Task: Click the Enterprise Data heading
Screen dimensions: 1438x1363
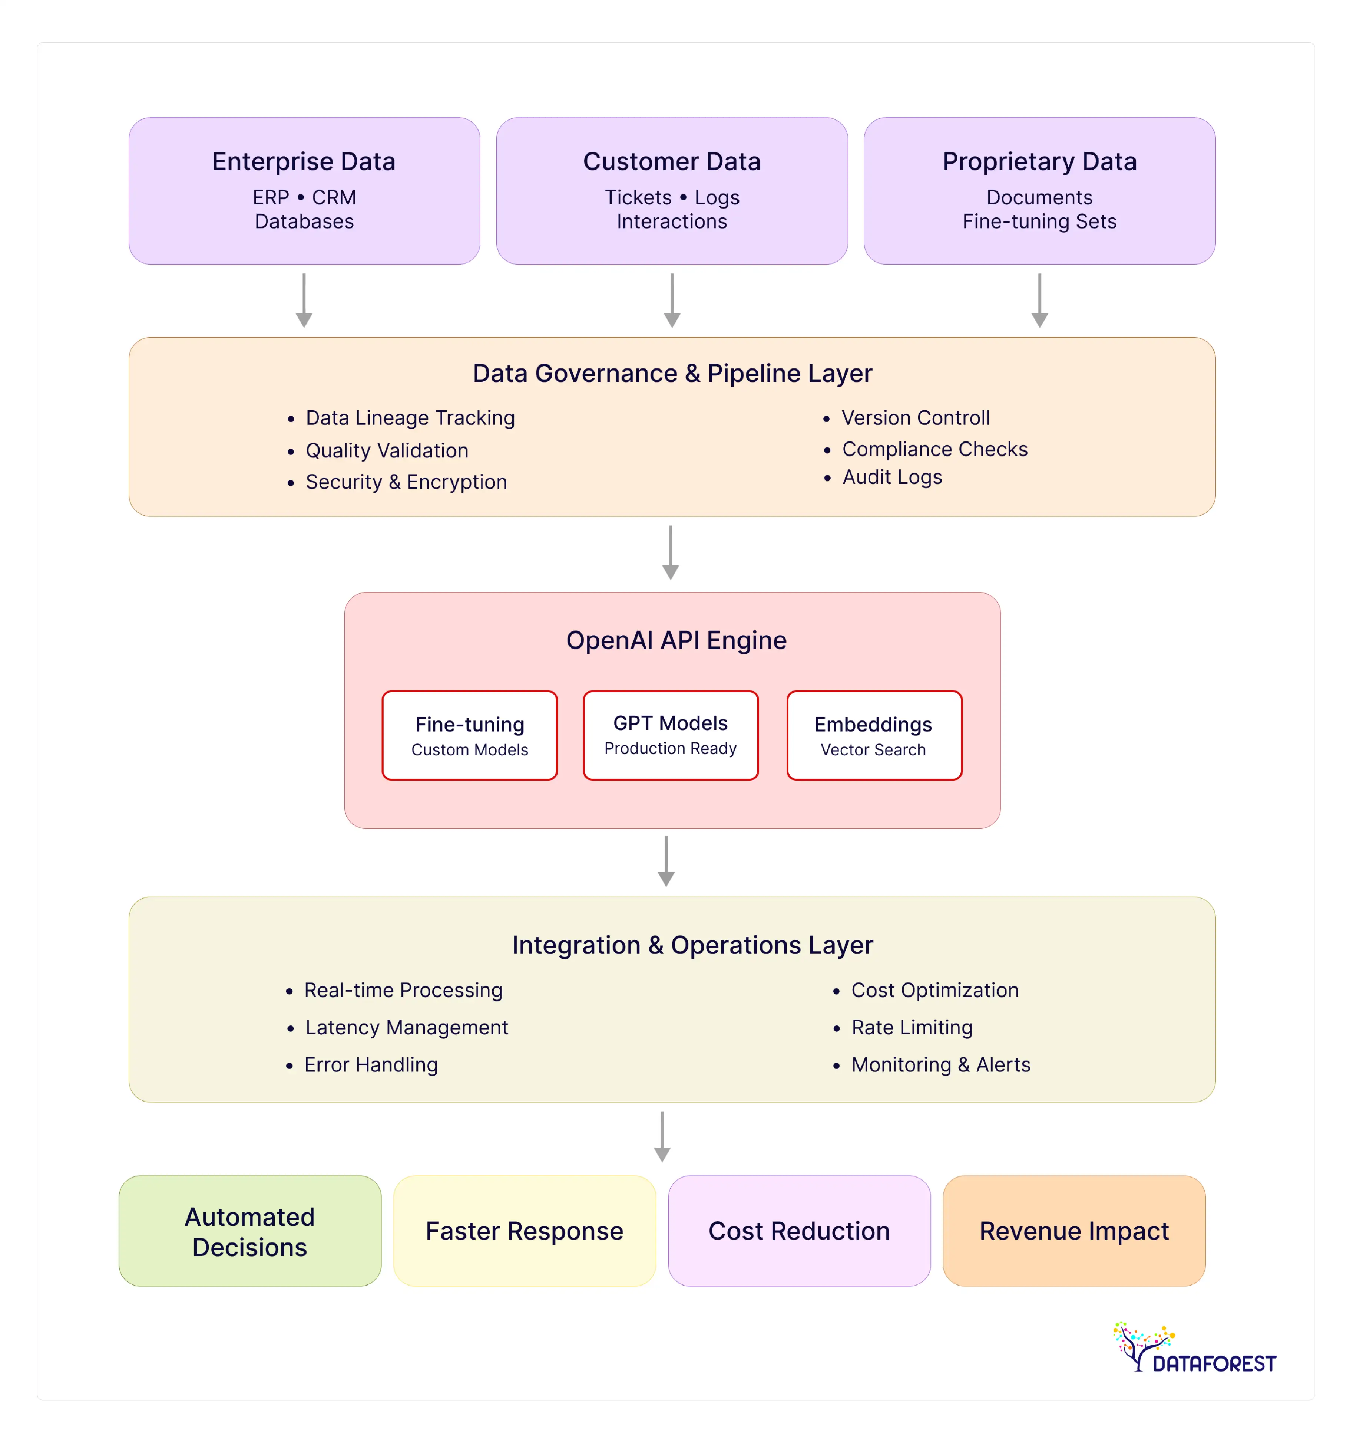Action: (x=304, y=161)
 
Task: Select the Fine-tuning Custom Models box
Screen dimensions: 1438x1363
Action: (x=469, y=735)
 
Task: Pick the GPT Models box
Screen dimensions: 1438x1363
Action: (x=670, y=735)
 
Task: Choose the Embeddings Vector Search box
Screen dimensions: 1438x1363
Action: (x=873, y=735)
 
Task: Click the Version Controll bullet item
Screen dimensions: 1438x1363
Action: (x=915, y=418)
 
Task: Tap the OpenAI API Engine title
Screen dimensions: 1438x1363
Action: (x=676, y=640)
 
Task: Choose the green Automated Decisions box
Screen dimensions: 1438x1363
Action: (x=250, y=1231)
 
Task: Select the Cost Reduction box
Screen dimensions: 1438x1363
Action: (x=798, y=1231)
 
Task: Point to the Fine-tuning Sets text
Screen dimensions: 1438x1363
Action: (x=1039, y=222)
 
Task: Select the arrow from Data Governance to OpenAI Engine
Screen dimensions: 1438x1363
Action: (x=670, y=552)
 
